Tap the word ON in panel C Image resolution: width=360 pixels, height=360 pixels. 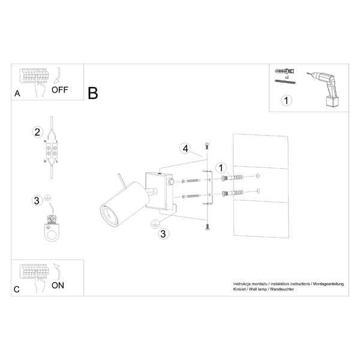[58, 286]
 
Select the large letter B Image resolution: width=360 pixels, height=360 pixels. [93, 94]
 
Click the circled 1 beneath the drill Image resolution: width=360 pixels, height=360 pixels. [287, 100]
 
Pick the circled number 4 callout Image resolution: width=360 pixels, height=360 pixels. [186, 148]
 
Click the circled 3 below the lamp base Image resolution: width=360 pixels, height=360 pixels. [163, 234]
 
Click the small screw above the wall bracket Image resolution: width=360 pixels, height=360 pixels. [207, 146]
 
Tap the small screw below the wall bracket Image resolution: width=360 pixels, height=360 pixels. [208, 226]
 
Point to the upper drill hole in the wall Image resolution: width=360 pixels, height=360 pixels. [258, 176]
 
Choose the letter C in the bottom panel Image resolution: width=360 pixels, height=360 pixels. [16, 289]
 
